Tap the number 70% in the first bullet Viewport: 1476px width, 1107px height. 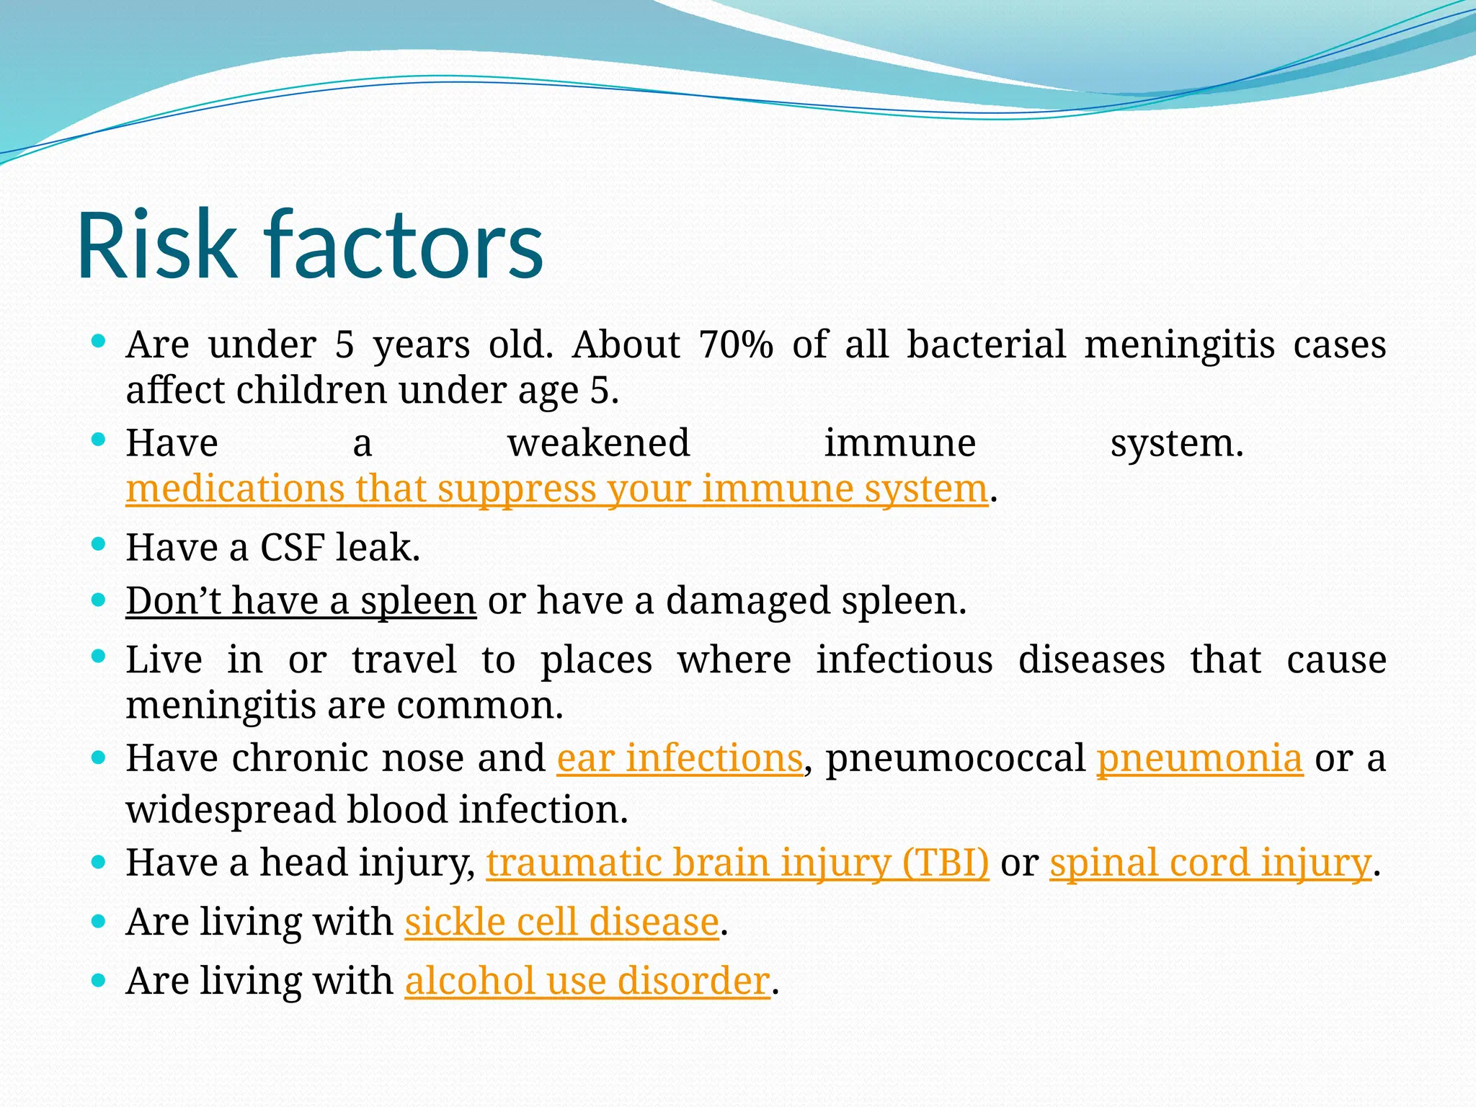point(735,344)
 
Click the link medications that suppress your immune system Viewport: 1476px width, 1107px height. point(556,489)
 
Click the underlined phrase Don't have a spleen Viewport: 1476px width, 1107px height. point(301,600)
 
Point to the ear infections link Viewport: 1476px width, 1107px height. point(680,758)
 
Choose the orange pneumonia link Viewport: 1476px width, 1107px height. point(1199,758)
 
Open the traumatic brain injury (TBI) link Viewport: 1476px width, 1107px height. point(737,863)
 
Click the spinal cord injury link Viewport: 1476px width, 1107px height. point(1210,863)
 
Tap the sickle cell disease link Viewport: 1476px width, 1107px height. point(562,922)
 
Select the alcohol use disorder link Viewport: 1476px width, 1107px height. point(587,981)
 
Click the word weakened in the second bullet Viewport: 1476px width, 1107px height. point(598,443)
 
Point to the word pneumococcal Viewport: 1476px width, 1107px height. point(956,758)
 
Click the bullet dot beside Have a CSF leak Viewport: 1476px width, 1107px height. point(99,544)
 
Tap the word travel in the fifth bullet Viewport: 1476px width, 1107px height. point(404,659)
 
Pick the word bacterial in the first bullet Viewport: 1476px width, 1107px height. point(985,344)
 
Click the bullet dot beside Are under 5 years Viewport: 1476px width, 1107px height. point(99,340)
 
